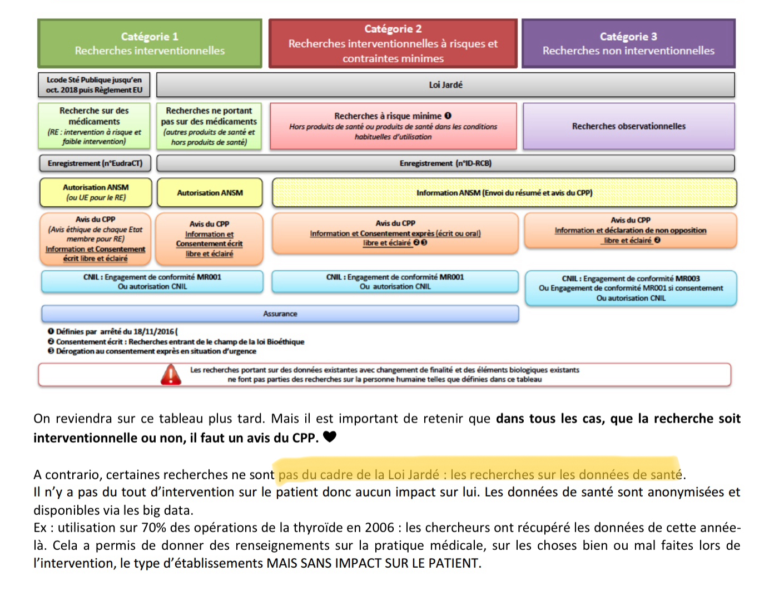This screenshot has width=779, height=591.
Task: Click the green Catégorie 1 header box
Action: [150, 43]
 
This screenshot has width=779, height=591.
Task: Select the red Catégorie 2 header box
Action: [393, 43]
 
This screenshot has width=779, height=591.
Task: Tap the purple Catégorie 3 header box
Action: [628, 43]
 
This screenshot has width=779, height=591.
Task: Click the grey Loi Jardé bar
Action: [445, 85]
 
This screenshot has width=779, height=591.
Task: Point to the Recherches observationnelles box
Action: [629, 126]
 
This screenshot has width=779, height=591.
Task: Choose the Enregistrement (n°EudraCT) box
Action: [95, 163]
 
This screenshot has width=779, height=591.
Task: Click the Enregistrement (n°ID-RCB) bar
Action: [445, 163]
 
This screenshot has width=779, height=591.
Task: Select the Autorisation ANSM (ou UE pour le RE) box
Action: [96, 192]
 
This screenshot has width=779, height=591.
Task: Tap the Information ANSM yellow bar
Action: [504, 193]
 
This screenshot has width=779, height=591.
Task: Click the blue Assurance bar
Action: [280, 314]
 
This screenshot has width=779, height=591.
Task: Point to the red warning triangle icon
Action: [171, 375]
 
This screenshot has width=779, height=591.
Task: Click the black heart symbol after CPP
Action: [330, 437]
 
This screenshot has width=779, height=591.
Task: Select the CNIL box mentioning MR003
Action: [631, 288]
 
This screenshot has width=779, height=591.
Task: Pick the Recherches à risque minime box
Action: [393, 126]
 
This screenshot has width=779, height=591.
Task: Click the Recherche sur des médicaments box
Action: [94, 126]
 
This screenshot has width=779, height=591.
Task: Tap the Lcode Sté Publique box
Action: [94, 85]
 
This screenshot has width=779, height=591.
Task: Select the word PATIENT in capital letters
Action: [453, 563]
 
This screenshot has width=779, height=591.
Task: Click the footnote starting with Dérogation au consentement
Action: [156, 351]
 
